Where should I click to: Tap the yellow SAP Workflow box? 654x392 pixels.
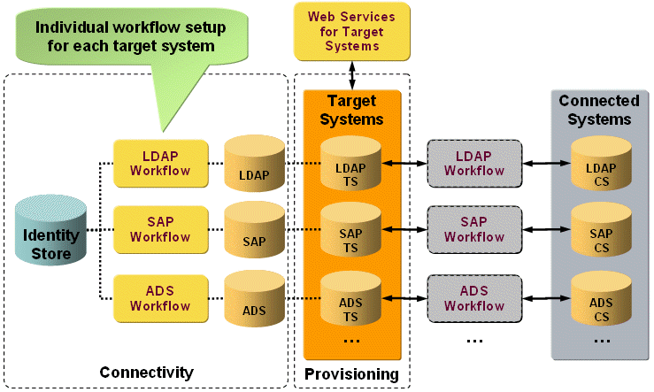click(x=160, y=230)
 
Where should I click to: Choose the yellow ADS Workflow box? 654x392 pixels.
click(x=160, y=298)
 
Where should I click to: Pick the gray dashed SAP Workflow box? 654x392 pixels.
click(x=474, y=230)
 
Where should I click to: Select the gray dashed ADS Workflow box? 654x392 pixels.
click(x=474, y=298)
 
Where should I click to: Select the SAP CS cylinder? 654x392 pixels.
click(x=601, y=232)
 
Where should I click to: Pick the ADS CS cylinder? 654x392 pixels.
click(x=601, y=301)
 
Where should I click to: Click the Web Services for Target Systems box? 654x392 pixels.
click(x=351, y=31)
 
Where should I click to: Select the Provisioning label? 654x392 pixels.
click(x=351, y=374)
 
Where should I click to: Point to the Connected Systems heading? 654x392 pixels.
click(x=599, y=110)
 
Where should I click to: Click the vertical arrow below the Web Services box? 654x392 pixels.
click(x=352, y=73)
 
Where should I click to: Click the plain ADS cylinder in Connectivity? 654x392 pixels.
click(x=254, y=301)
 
